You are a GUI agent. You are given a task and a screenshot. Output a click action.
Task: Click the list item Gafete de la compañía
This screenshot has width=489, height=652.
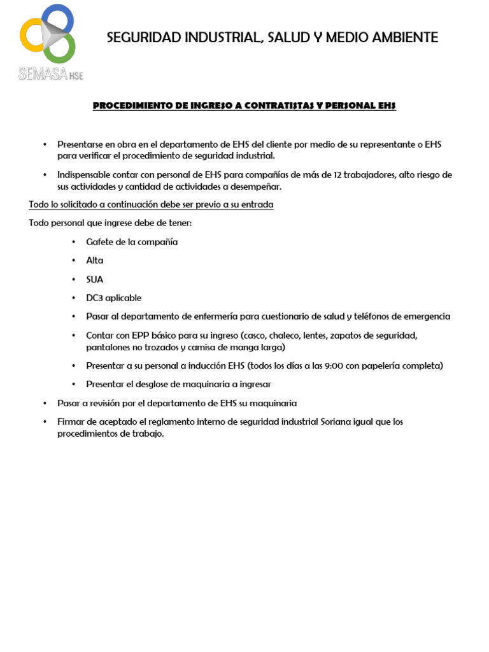[132, 242]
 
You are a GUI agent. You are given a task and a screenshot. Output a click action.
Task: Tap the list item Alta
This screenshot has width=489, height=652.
[95, 260]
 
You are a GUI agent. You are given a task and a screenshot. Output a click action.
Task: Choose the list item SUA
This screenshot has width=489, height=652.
[95, 279]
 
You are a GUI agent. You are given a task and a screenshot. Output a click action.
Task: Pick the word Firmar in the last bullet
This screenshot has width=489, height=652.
[70, 422]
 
